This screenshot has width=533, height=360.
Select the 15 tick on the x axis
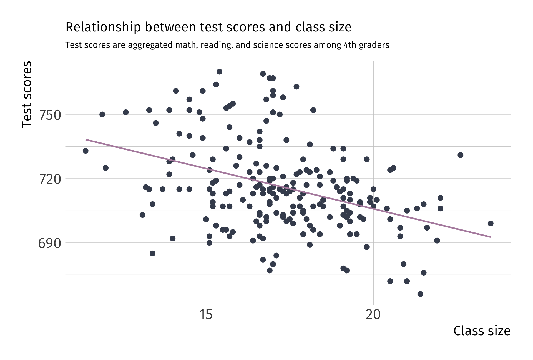(x=206, y=315)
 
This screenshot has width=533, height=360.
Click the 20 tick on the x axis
(x=373, y=315)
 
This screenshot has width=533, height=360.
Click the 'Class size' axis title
(x=482, y=331)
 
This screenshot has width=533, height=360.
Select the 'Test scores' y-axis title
(x=27, y=94)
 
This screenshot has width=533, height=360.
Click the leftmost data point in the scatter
(x=86, y=151)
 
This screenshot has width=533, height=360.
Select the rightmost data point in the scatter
(x=491, y=224)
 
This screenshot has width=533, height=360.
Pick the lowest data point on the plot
(x=420, y=294)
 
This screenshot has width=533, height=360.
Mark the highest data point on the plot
(x=219, y=72)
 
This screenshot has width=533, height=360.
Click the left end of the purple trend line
(x=86, y=139)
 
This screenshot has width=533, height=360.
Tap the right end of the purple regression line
(x=490, y=237)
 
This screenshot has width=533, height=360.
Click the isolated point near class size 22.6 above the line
(x=461, y=155)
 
